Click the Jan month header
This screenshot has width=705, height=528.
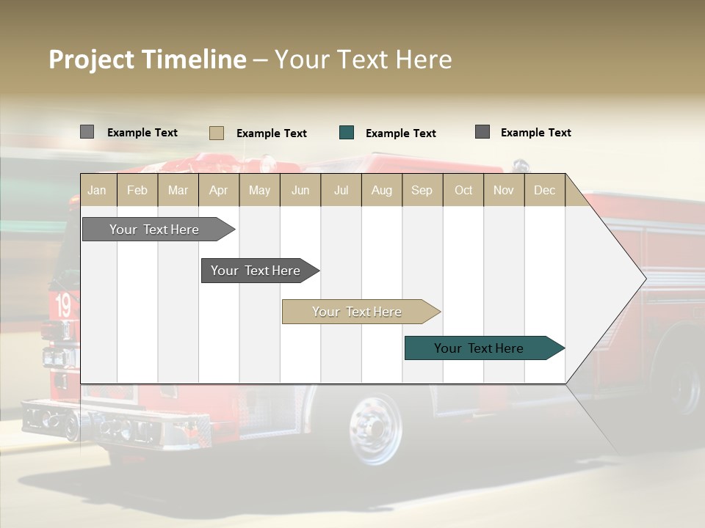tap(97, 190)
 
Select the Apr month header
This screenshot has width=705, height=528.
tap(218, 190)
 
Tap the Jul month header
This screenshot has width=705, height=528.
tap(341, 190)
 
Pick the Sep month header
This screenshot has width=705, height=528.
tap(422, 190)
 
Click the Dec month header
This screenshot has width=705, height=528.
tap(544, 190)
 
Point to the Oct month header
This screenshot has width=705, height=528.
tap(463, 190)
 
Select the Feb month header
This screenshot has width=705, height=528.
tap(137, 190)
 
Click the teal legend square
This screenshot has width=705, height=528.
tap(347, 133)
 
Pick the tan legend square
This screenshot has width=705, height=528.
tap(217, 133)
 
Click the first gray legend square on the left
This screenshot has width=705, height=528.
tap(87, 132)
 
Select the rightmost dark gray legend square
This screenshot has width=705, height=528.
tap(482, 132)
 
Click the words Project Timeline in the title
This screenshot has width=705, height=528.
tap(148, 59)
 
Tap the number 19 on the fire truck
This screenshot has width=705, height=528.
tap(63, 305)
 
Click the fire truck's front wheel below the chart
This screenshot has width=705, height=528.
tap(376, 427)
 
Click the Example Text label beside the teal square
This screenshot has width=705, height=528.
tap(400, 133)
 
